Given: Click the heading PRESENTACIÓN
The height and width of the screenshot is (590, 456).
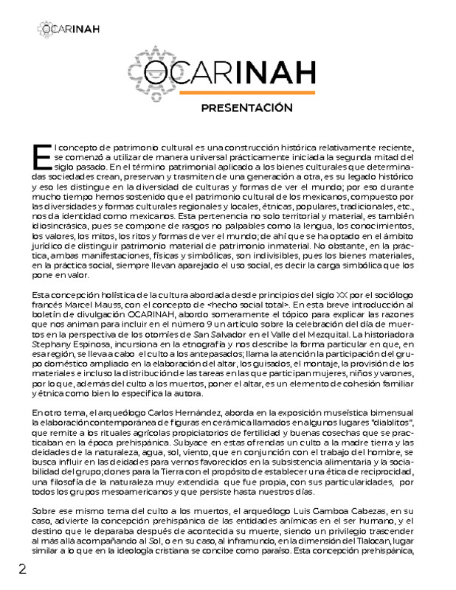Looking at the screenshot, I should point(247,108).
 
